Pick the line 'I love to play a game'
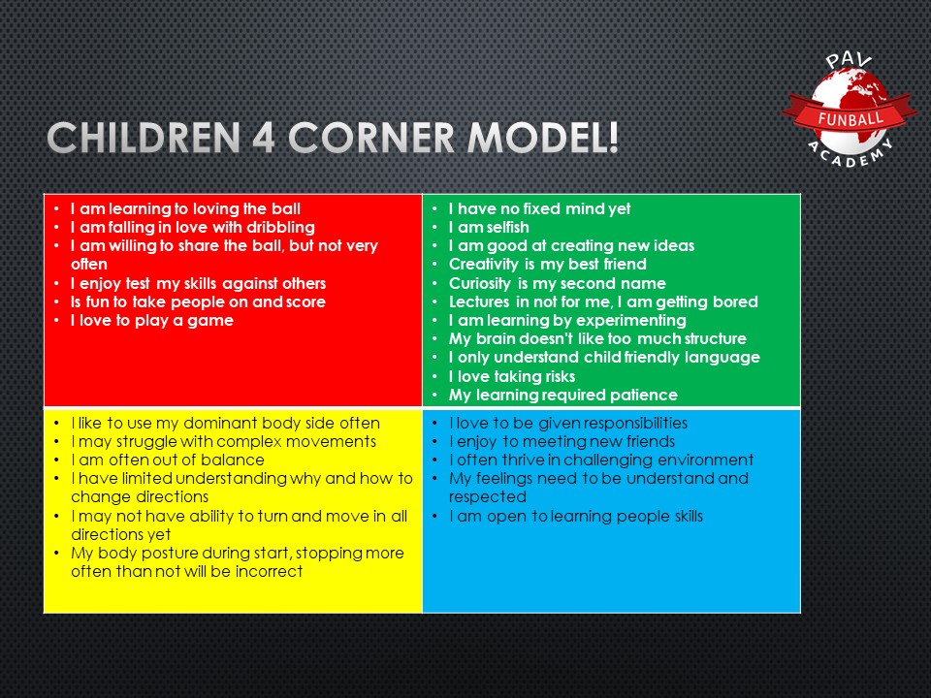coord(151,320)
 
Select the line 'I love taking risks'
coord(511,376)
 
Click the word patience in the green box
coord(645,395)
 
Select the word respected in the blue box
coord(486,497)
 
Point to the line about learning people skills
coord(575,516)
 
